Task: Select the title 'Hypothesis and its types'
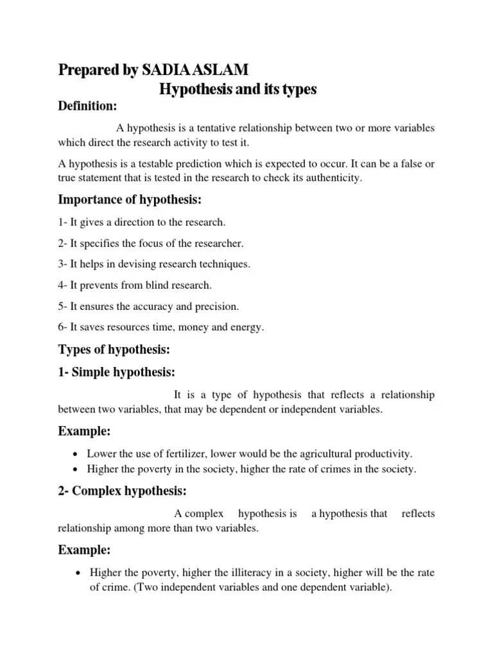point(238,89)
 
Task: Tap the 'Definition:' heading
point(87,106)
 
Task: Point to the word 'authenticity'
point(333,178)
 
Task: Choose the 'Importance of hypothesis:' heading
point(130,200)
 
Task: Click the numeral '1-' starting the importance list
point(63,222)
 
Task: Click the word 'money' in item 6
point(196,327)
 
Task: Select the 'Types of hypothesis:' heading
point(115,350)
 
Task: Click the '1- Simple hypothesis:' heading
point(117,373)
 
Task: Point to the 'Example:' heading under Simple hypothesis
point(85,431)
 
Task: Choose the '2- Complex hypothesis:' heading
point(123,491)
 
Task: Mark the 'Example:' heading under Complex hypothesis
point(85,550)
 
